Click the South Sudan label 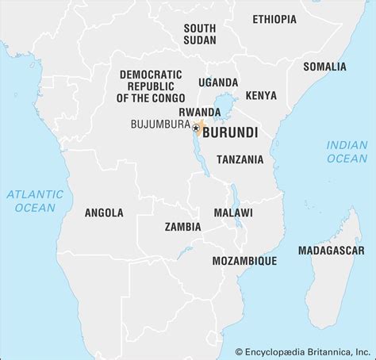pyautogui.click(x=199, y=33)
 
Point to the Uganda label pyautogui.click(x=218, y=82)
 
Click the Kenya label pyautogui.click(x=261, y=96)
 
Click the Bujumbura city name pyautogui.click(x=159, y=125)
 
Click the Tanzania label pyautogui.click(x=240, y=159)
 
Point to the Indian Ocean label pyautogui.click(x=347, y=151)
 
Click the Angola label pyautogui.click(x=104, y=213)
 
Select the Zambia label pyautogui.click(x=182, y=227)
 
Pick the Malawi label pyautogui.click(x=233, y=213)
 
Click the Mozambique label pyautogui.click(x=244, y=260)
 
